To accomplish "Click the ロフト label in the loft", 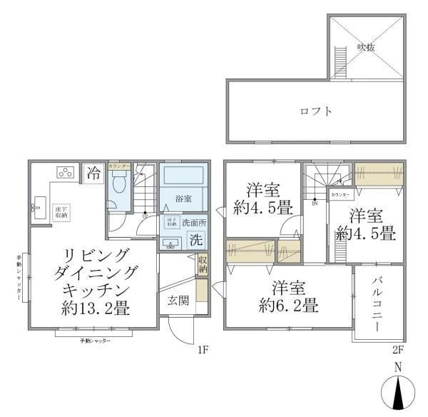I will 315,111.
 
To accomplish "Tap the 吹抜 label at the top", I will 366,47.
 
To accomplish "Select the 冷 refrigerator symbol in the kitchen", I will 93,172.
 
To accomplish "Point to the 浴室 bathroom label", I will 185,198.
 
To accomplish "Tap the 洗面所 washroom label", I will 193,222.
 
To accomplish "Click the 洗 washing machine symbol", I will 195,241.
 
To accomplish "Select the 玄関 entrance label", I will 178,300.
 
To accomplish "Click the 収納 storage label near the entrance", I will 203,264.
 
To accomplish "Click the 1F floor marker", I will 203,351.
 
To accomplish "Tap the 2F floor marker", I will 397,351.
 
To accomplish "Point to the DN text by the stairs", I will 315,203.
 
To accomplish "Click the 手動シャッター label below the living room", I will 95,341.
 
